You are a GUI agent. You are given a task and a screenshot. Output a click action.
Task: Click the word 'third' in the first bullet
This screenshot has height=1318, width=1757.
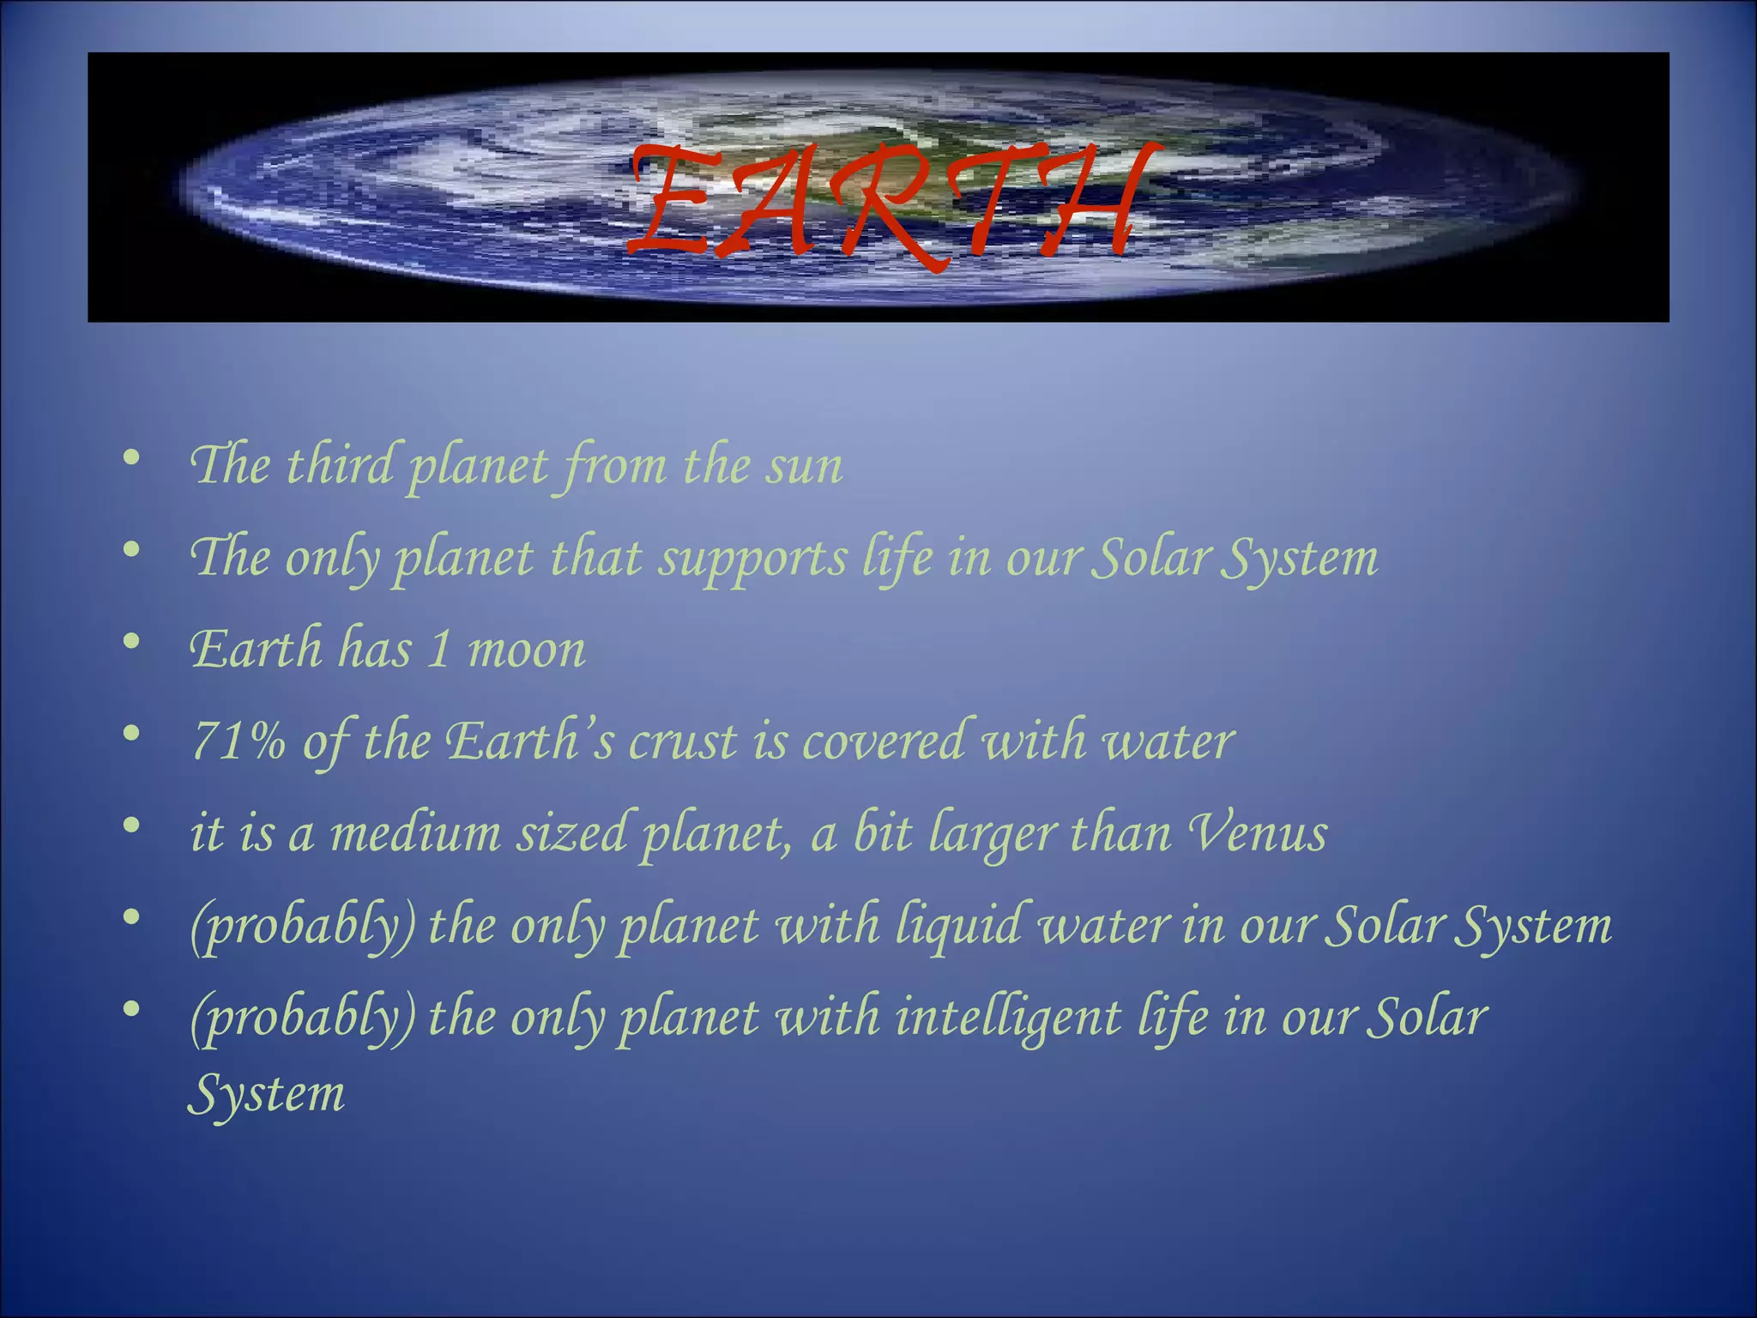(x=338, y=465)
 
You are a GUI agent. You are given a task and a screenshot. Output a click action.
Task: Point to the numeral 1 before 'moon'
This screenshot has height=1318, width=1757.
(x=438, y=649)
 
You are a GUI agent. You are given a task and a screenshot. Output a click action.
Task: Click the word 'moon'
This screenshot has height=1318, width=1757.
(x=527, y=650)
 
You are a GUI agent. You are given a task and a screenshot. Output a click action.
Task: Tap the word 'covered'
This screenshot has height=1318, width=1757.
(x=883, y=741)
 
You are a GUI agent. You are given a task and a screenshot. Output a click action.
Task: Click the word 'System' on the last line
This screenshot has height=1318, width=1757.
(x=266, y=1095)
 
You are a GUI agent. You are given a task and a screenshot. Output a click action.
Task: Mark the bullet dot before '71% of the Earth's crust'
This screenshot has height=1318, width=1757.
(x=130, y=733)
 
